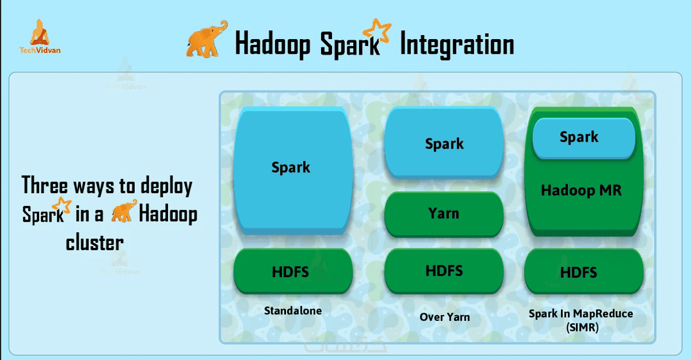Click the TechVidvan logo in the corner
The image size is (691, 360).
pyautogui.click(x=40, y=37)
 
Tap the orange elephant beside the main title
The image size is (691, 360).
pyautogui.click(x=206, y=40)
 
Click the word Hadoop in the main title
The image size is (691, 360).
pyautogui.click(x=273, y=44)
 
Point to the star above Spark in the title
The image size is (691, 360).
pyautogui.click(x=377, y=30)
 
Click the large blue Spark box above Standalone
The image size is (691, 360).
pyautogui.click(x=292, y=170)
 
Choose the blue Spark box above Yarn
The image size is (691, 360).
pyautogui.click(x=444, y=142)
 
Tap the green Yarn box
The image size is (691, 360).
pyautogui.click(x=444, y=214)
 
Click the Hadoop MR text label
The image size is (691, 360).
pyautogui.click(x=581, y=190)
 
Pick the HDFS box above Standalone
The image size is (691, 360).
pyautogui.click(x=292, y=271)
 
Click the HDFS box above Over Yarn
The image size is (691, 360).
pyautogui.click(x=444, y=271)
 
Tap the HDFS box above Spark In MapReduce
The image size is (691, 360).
pyautogui.click(x=584, y=271)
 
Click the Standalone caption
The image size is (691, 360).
pyautogui.click(x=292, y=310)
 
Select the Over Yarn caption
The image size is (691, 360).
pyautogui.click(x=445, y=317)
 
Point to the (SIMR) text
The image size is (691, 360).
pyautogui.click(x=582, y=327)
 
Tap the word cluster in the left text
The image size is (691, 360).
pyautogui.click(x=95, y=242)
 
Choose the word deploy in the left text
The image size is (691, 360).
pyautogui.click(x=166, y=187)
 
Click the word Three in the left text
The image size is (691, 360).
pyautogui.click(x=45, y=184)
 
